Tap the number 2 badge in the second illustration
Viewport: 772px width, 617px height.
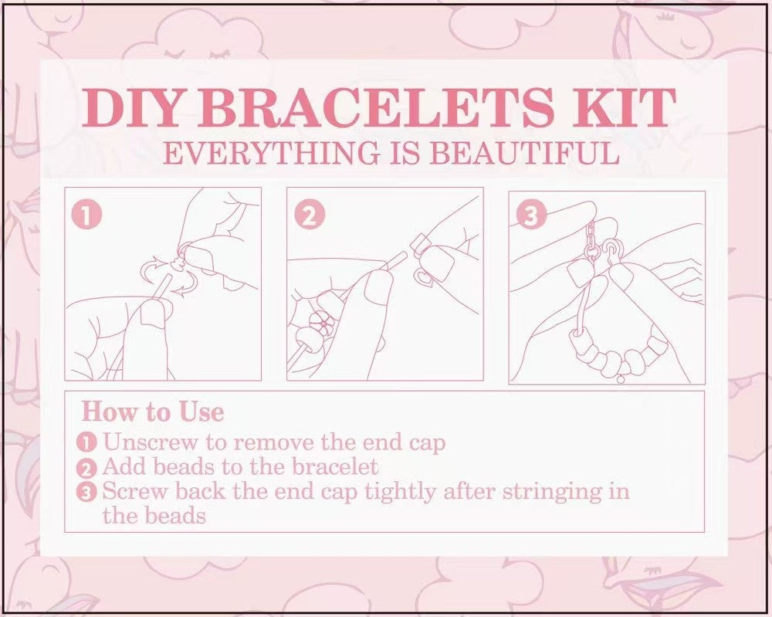pos(309,215)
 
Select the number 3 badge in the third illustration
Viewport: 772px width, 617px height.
pos(530,215)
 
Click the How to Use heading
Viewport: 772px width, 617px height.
pos(152,411)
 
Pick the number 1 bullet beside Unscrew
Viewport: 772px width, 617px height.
pos(87,443)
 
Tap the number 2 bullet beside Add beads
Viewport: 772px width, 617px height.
pos(87,468)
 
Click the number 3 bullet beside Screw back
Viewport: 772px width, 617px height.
pos(87,492)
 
